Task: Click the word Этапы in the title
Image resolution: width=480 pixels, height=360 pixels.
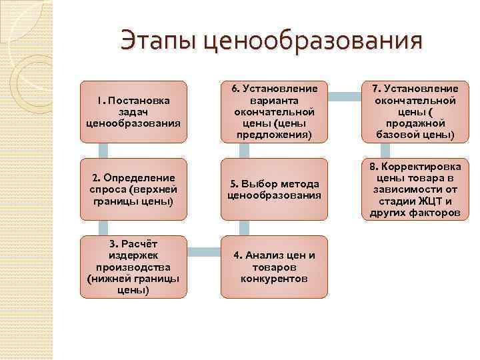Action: click(x=158, y=41)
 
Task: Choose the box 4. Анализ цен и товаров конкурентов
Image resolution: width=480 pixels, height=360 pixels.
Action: click(x=274, y=266)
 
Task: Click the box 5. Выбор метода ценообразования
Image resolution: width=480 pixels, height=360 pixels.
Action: click(x=274, y=189)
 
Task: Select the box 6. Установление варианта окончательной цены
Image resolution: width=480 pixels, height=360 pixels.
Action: click(x=274, y=111)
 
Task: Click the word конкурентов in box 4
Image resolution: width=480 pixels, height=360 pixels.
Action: click(x=274, y=278)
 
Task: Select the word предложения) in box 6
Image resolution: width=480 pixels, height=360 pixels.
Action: click(x=274, y=135)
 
